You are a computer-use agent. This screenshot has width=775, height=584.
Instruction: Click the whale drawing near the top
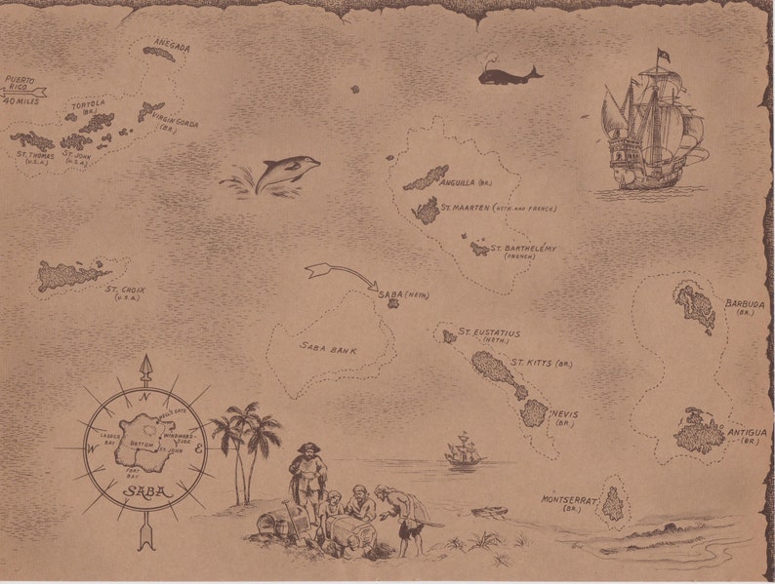(x=508, y=74)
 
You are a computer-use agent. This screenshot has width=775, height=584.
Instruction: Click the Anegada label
(x=171, y=46)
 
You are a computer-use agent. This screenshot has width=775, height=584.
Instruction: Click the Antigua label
(x=749, y=435)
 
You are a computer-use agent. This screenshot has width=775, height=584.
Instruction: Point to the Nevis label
(x=564, y=414)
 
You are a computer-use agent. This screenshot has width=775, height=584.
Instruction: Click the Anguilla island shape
(x=427, y=178)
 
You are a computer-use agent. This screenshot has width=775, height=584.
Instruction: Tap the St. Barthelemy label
(x=523, y=251)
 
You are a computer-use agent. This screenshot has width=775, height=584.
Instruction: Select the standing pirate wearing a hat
(x=307, y=475)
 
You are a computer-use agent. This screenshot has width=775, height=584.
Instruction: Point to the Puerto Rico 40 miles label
(x=20, y=90)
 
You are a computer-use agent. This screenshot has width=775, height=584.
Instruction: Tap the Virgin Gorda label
(x=174, y=124)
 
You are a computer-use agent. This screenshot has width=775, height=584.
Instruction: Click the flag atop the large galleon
(x=663, y=55)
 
